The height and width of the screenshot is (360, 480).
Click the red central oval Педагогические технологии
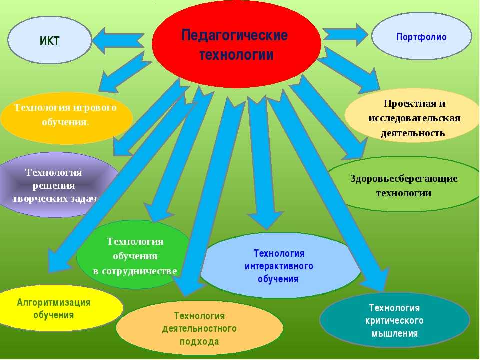tap(236, 45)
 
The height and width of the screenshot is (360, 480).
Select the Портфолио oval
tap(421, 37)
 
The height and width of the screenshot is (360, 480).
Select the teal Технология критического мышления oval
tap(394, 320)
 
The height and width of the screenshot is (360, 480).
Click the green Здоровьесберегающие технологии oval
tap(404, 185)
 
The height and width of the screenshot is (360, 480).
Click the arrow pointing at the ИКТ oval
tap(118, 40)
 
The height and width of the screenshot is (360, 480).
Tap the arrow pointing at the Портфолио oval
tap(345, 34)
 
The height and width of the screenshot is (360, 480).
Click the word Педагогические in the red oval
tap(234, 36)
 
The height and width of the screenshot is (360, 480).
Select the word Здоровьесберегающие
tap(404, 179)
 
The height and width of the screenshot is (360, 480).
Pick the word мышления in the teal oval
tap(394, 333)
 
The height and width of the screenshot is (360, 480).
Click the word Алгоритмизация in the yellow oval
tap(53, 302)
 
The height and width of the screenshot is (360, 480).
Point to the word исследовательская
tap(414, 118)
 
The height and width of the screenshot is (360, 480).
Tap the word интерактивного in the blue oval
tap(278, 266)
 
